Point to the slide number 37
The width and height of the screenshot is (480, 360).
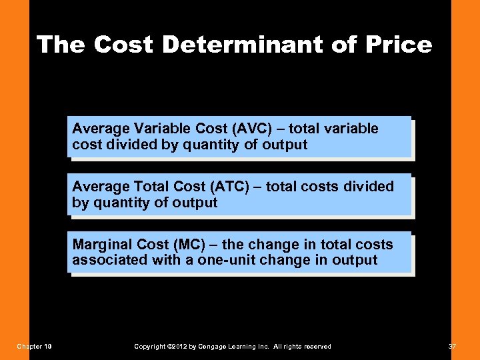click(453, 346)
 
